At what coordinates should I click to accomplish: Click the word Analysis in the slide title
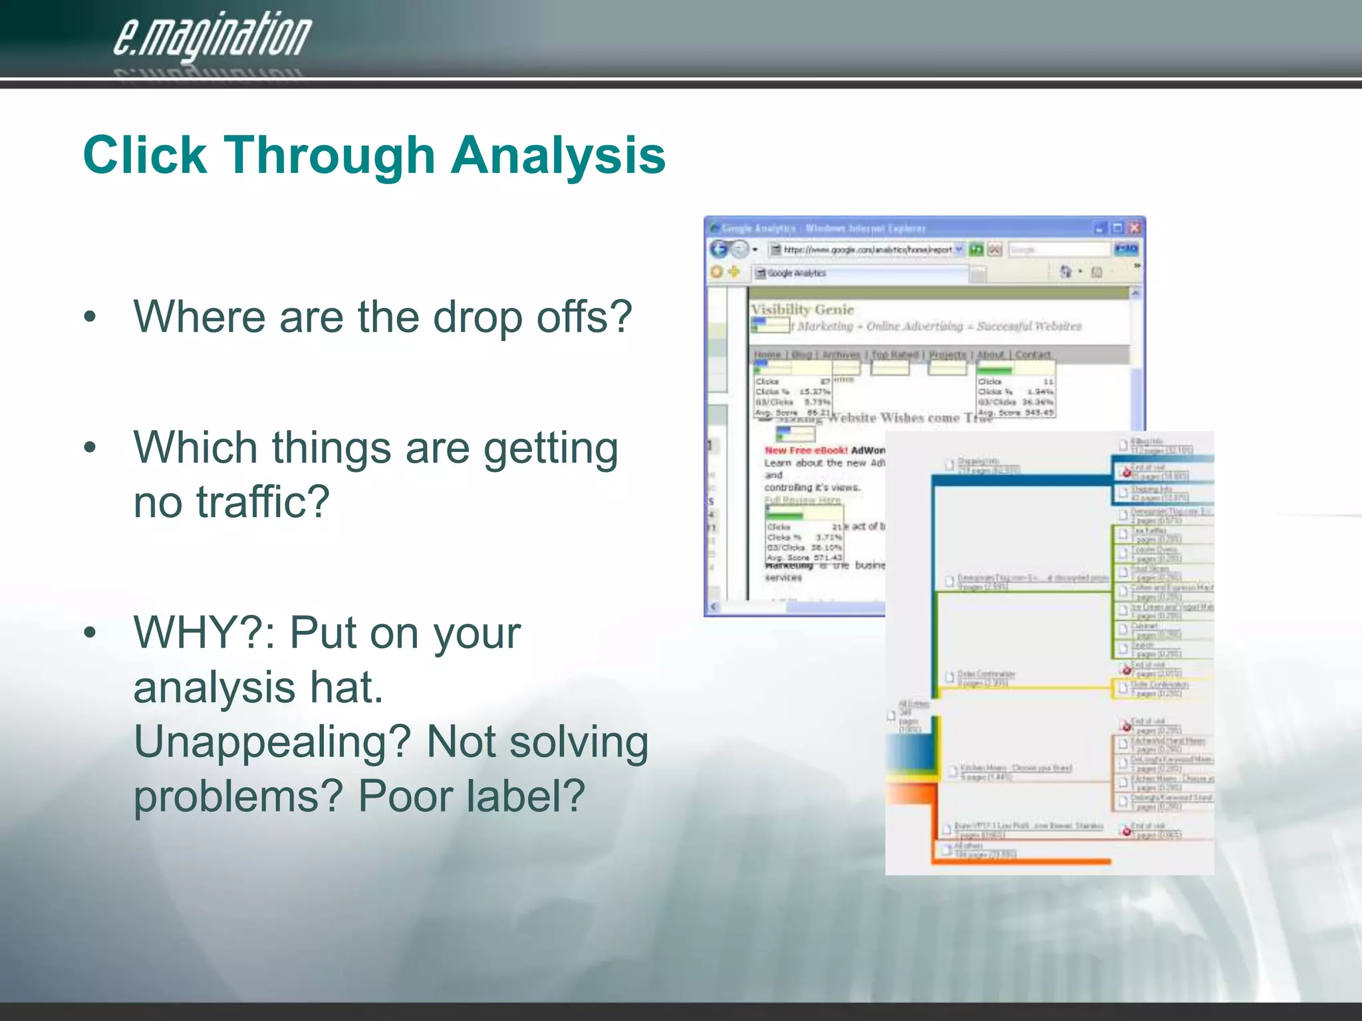pos(558,156)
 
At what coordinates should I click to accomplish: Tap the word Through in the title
pos(331,156)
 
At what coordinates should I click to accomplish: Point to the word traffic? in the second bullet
pos(263,501)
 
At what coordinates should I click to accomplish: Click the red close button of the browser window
pos(1135,229)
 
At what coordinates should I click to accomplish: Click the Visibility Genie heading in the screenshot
pos(802,309)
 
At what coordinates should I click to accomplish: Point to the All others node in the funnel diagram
pos(978,850)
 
